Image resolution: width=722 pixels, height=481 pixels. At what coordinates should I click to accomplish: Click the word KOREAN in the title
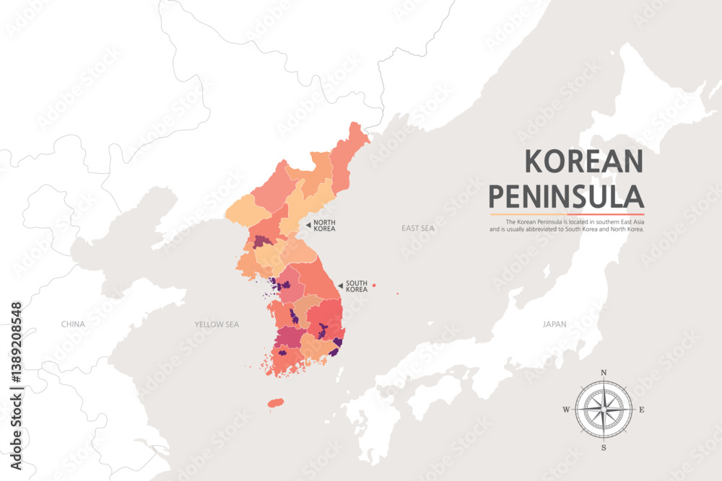point(583,160)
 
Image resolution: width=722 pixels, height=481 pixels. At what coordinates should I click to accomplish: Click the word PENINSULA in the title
point(566,195)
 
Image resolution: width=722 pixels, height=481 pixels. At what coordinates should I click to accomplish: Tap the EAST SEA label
point(418,228)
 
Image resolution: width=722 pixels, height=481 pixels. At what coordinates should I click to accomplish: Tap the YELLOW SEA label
point(216,325)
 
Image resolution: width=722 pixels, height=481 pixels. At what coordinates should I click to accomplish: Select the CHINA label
point(73,325)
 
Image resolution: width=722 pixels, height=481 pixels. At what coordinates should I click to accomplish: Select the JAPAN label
point(554,325)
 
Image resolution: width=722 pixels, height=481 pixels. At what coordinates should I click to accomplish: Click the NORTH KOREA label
point(324,226)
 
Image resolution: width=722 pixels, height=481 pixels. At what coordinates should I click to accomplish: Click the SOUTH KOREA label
point(357,286)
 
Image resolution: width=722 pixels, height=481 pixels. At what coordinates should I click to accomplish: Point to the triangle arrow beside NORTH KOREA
point(308,226)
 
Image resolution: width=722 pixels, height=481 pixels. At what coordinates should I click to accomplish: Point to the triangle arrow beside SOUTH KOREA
point(340,286)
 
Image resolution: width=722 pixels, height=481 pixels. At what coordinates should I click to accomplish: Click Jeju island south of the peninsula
point(275,403)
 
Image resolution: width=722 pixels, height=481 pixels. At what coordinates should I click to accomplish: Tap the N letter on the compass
point(604,373)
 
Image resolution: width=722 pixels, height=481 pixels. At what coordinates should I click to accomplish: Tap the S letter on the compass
point(604,447)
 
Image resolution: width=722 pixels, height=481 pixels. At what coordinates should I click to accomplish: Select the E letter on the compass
point(642,410)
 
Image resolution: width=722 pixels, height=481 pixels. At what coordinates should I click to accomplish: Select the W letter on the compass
point(565,410)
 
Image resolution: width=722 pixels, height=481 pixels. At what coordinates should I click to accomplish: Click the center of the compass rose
point(604,410)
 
